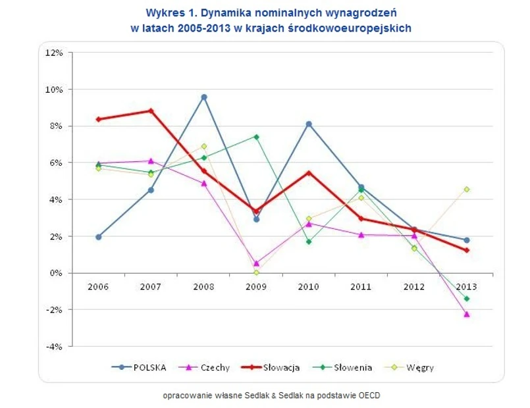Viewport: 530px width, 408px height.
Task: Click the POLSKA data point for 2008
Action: [x=204, y=97]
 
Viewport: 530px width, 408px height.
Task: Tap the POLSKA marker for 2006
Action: [x=99, y=237]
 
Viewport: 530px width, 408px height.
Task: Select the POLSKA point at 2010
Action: [x=309, y=124]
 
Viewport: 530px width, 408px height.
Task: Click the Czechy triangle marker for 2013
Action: [x=467, y=315]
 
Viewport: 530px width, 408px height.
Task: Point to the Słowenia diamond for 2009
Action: [x=256, y=137]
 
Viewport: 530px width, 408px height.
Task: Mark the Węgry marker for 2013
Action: [x=467, y=189]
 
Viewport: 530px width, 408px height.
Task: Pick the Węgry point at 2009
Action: [x=256, y=272]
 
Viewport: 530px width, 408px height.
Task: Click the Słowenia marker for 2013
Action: [x=467, y=299]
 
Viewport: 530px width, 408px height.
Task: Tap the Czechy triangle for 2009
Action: [x=256, y=263]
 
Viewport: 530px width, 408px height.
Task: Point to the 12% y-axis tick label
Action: [x=53, y=53]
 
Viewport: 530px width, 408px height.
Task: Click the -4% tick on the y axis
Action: [x=53, y=346]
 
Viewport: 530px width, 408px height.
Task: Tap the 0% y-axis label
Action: [x=55, y=273]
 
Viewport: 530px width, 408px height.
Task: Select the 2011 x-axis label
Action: [x=361, y=287]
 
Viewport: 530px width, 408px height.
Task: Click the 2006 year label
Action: [x=99, y=287]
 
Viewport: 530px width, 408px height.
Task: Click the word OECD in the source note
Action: [x=369, y=395]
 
